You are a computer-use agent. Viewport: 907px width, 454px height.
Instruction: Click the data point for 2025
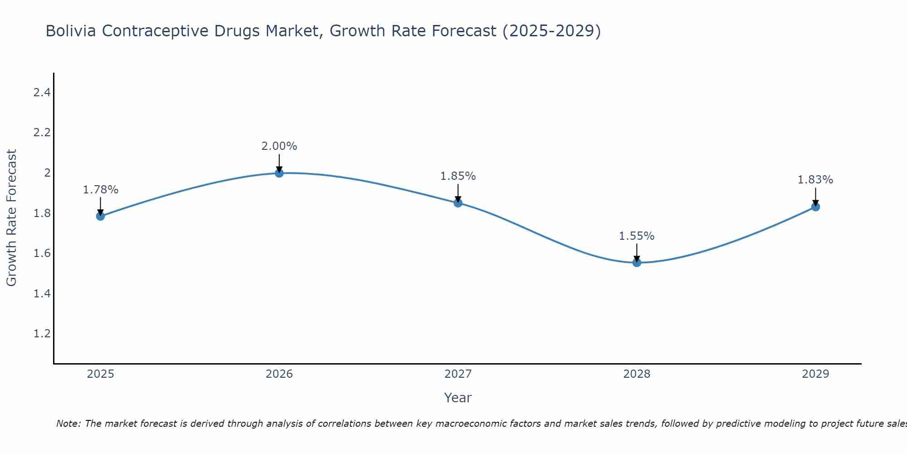[x=100, y=216]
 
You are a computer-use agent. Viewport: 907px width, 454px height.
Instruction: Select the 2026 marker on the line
[x=279, y=173]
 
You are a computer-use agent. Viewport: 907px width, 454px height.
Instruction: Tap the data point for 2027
[x=458, y=203]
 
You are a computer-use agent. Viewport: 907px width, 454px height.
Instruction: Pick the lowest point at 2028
[x=637, y=262]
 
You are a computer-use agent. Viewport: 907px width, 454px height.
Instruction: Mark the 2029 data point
[x=815, y=207]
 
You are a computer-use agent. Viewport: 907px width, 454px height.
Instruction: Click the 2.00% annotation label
[x=279, y=146]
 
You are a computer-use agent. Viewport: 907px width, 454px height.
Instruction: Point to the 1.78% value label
[x=100, y=190]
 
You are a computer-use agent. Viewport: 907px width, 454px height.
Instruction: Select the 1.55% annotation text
[x=637, y=236]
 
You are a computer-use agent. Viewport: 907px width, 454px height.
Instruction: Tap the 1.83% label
[x=815, y=180]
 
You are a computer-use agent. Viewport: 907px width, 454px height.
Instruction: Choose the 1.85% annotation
[x=458, y=176]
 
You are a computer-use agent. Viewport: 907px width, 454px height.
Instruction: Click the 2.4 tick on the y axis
[x=42, y=93]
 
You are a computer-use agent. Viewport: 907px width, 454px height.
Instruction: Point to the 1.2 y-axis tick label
[x=42, y=334]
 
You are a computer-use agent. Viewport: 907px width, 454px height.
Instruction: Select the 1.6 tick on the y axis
[x=42, y=253]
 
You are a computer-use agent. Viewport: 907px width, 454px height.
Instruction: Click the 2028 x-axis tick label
[x=637, y=374]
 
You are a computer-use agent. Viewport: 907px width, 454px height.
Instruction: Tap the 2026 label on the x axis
[x=279, y=374]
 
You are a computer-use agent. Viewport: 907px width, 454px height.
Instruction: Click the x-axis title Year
[x=458, y=398]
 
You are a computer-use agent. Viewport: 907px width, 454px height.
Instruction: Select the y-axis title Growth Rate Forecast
[x=11, y=218]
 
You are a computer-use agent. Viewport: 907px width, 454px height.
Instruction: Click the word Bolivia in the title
[x=71, y=31]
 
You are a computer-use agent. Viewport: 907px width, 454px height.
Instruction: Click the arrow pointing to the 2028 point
[x=637, y=252]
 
